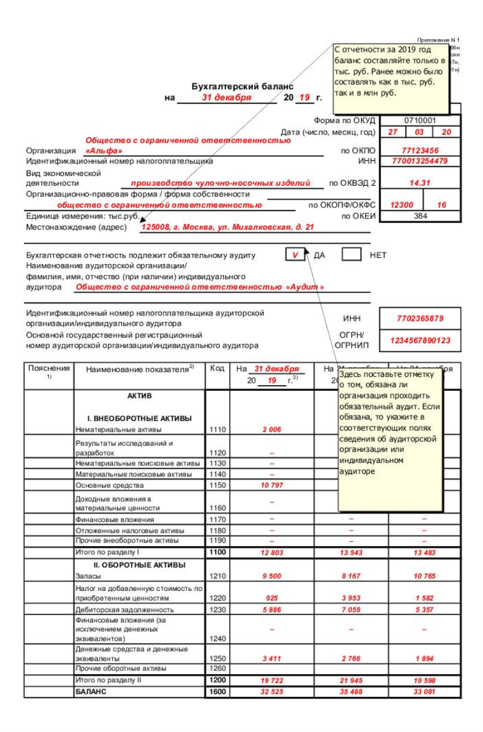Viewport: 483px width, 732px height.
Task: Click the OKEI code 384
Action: click(x=420, y=216)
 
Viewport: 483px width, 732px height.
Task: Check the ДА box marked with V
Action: click(x=296, y=255)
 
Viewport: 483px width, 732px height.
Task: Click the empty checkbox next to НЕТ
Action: click(x=351, y=255)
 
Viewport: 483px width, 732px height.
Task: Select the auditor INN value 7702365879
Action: click(x=420, y=318)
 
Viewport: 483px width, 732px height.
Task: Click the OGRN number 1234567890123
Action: click(x=420, y=341)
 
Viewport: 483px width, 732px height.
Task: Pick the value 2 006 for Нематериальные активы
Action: click(x=272, y=430)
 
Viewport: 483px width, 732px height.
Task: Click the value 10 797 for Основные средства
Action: click(x=272, y=485)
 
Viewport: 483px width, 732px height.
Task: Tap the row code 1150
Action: click(x=217, y=485)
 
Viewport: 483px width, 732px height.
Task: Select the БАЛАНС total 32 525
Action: click(x=272, y=692)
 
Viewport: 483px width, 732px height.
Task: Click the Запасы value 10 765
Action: click(x=424, y=576)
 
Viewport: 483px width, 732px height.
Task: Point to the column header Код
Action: click(x=217, y=368)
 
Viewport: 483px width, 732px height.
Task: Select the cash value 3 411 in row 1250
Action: click(x=272, y=658)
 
